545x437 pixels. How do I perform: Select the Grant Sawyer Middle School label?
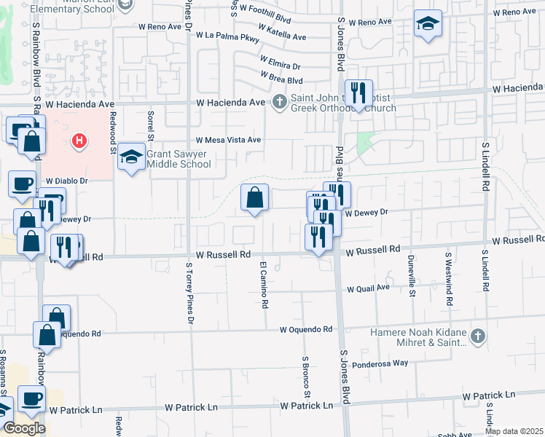[179, 159]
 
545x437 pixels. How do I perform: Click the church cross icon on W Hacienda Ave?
[279, 102]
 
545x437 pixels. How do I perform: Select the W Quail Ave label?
[369, 288]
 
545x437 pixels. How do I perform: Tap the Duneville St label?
[411, 279]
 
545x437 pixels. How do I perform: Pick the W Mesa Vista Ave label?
[227, 140]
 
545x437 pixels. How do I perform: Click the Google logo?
[23, 428]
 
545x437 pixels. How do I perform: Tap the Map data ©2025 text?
[514, 431]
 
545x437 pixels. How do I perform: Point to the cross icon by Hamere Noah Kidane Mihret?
[477, 336]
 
